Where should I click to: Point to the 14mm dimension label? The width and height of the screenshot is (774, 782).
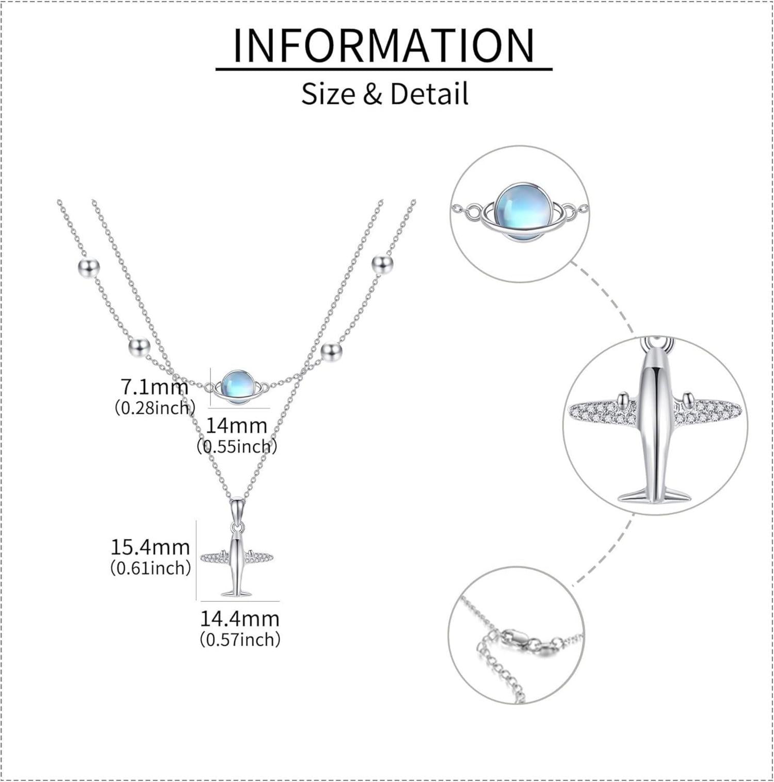(x=237, y=426)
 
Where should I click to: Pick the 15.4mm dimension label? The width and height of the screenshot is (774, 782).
(x=151, y=547)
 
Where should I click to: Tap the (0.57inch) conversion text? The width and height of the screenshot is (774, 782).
(x=240, y=640)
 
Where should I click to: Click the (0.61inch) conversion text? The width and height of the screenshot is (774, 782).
(x=151, y=568)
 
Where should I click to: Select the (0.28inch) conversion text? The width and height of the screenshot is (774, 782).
(x=155, y=408)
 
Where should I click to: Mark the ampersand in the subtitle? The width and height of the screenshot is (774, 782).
(x=373, y=94)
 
